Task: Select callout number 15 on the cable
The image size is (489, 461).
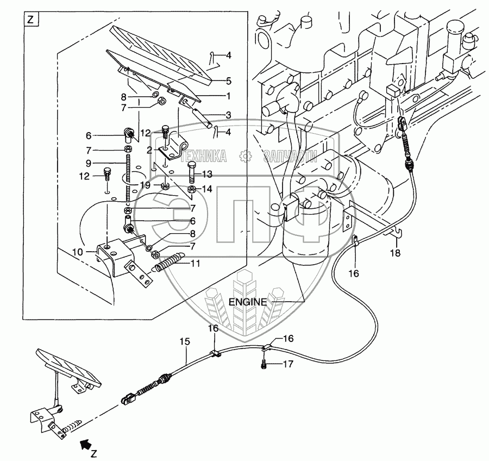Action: [x=185, y=341]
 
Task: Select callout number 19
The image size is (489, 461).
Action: [x=144, y=185]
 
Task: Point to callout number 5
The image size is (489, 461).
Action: [x=229, y=80]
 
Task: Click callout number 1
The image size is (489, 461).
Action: [x=229, y=96]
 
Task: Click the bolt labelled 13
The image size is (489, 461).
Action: [x=191, y=173]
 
